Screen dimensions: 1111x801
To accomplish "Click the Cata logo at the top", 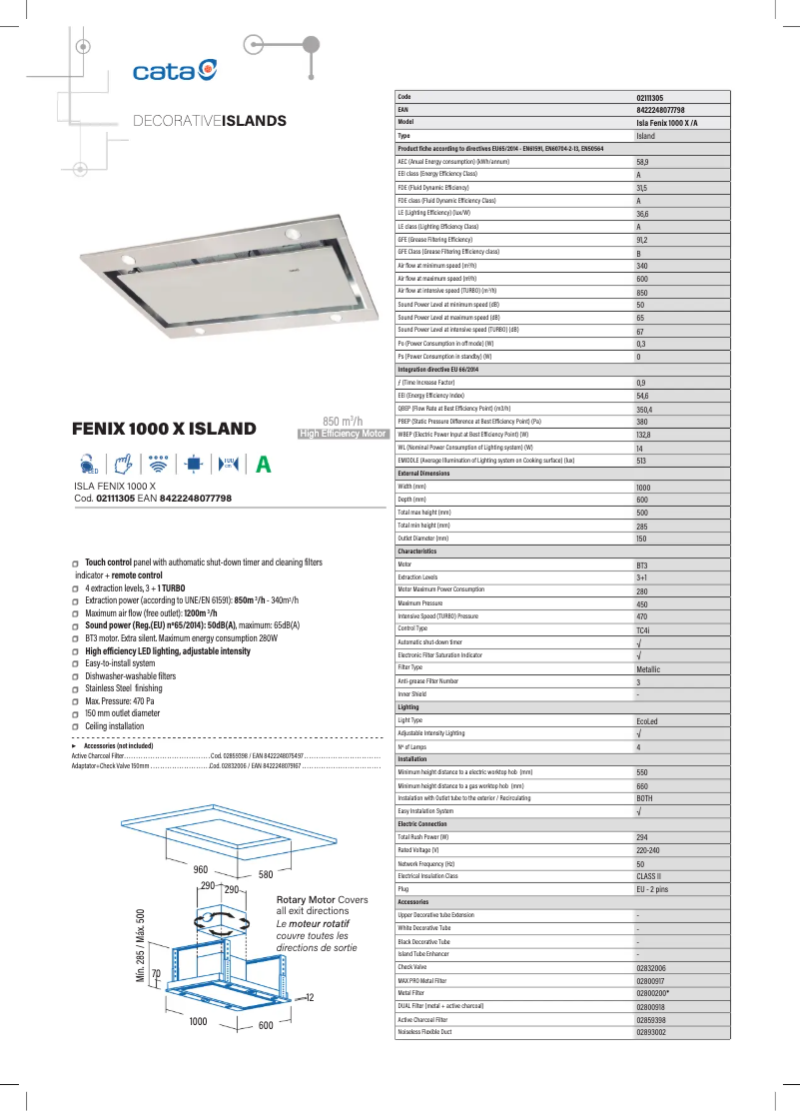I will [175, 70].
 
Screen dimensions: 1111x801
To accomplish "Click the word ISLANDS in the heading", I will [254, 121].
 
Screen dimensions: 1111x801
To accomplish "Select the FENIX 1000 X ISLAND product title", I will [164, 430].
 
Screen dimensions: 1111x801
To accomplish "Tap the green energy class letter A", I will [263, 465].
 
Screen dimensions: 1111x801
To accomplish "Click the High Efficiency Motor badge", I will [343, 434].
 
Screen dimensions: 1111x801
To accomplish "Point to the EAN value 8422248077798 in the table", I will [660, 109].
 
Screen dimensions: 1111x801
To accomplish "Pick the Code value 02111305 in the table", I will [650, 97].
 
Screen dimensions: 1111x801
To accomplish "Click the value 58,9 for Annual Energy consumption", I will [643, 161].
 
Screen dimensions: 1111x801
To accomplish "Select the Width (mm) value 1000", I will [643, 487].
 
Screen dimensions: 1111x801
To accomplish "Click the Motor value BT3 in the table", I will [642, 564].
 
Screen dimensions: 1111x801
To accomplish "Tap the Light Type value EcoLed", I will [647, 720].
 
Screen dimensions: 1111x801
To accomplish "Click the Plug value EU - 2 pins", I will [652, 889].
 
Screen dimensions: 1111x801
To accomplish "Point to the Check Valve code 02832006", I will [651, 967].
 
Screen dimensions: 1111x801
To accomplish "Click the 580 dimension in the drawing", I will [266, 875].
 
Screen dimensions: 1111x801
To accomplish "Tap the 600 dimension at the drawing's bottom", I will [266, 1026].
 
